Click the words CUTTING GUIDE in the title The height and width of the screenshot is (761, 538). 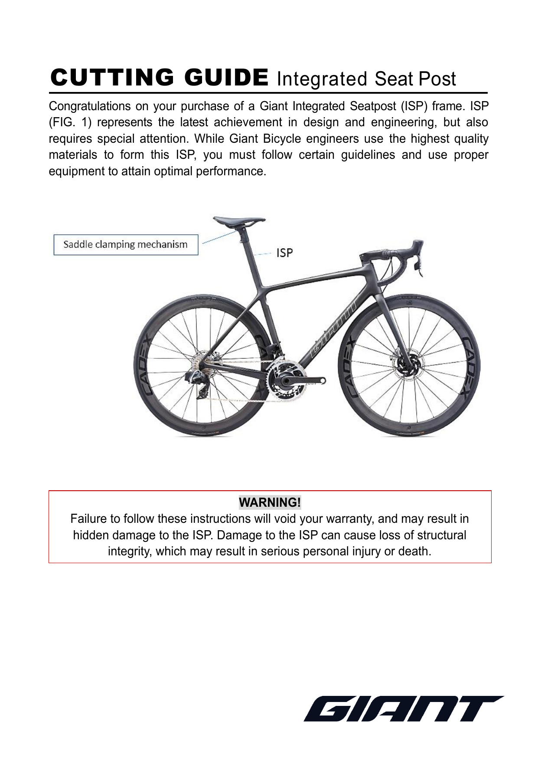tap(159, 78)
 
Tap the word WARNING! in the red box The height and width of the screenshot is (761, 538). tap(270, 502)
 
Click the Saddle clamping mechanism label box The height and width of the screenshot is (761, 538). tap(126, 245)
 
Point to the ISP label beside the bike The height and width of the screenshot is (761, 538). tap(284, 253)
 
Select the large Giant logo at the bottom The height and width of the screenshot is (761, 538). tap(403, 709)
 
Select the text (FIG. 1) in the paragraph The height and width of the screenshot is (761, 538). tap(70, 122)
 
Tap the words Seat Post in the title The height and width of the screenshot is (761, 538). tap(415, 79)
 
